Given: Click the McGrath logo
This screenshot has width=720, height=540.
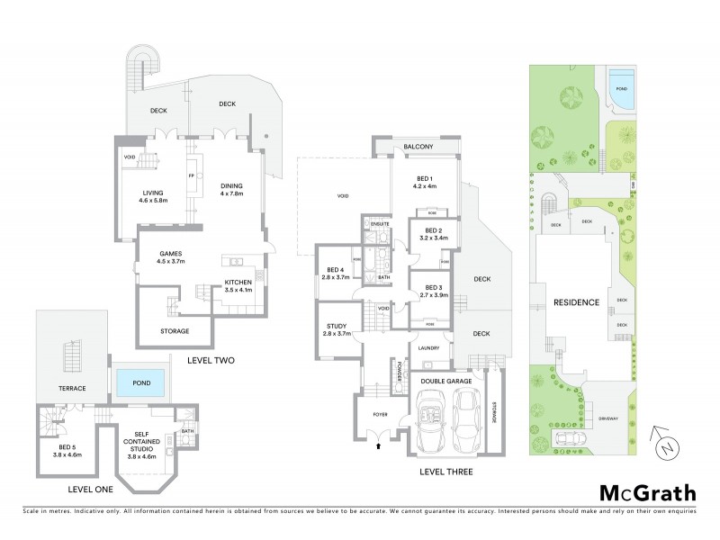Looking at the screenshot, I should (647, 492).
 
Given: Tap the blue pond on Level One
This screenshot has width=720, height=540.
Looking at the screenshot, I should (140, 383).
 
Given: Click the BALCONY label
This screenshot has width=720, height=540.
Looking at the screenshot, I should (418, 147).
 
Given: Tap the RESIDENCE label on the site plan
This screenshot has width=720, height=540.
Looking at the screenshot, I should (576, 302).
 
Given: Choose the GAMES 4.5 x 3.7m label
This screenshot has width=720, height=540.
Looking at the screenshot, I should (172, 257).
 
